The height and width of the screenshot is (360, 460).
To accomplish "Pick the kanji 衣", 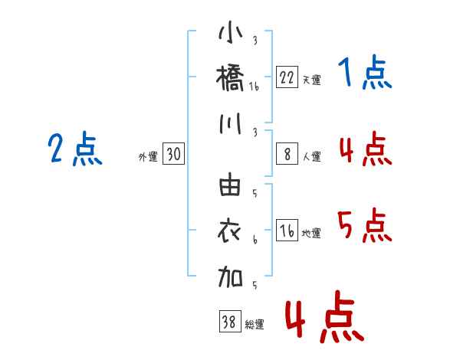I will point(231,230).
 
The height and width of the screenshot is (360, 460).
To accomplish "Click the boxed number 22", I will point(287,77).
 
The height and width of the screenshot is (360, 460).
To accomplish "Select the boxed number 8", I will point(287,155).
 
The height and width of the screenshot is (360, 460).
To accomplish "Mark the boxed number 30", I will point(174,155).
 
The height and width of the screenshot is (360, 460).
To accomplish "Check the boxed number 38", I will point(228,322).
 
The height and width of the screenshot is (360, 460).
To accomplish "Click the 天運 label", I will point(312,80).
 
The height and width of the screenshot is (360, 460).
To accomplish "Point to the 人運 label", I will point(312,157).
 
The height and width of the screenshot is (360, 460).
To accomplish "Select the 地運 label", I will point(312,234).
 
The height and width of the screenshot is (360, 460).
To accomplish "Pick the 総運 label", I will point(254,325).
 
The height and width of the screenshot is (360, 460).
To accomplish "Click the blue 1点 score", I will point(365,74).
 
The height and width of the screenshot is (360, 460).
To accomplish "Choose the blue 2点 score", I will point(74,149).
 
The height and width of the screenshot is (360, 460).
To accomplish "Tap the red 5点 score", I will point(365,225).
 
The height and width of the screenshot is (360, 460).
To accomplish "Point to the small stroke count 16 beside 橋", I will point(254,87).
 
